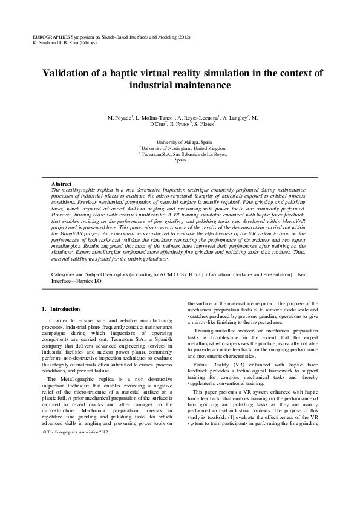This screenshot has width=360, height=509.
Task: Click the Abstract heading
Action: click(x=62, y=183)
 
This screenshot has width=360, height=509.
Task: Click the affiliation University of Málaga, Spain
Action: click(x=180, y=140)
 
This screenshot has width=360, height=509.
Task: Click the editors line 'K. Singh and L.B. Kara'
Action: click(x=57, y=43)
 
